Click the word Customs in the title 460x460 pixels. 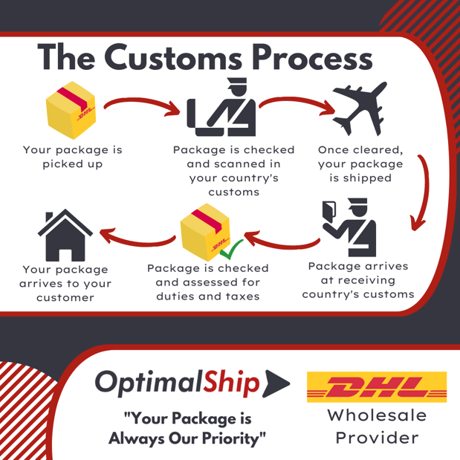pos(173,57)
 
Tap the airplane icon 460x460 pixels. pos(360,108)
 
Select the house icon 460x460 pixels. pos(65,235)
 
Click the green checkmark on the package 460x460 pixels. pos(231,249)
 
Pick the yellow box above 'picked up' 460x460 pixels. pos(71,110)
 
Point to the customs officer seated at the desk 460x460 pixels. pos(221,107)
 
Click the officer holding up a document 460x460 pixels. pos(349,227)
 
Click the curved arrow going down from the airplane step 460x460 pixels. pos(425,191)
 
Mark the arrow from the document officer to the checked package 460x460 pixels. pos(282,243)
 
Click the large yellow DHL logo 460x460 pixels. pos(377,386)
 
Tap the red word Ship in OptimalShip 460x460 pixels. pos(232,383)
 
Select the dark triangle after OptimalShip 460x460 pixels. pos(276,383)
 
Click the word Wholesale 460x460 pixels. pos(377,415)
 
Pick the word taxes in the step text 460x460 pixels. pos(242,297)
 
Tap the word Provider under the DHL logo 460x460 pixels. pos(377,438)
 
